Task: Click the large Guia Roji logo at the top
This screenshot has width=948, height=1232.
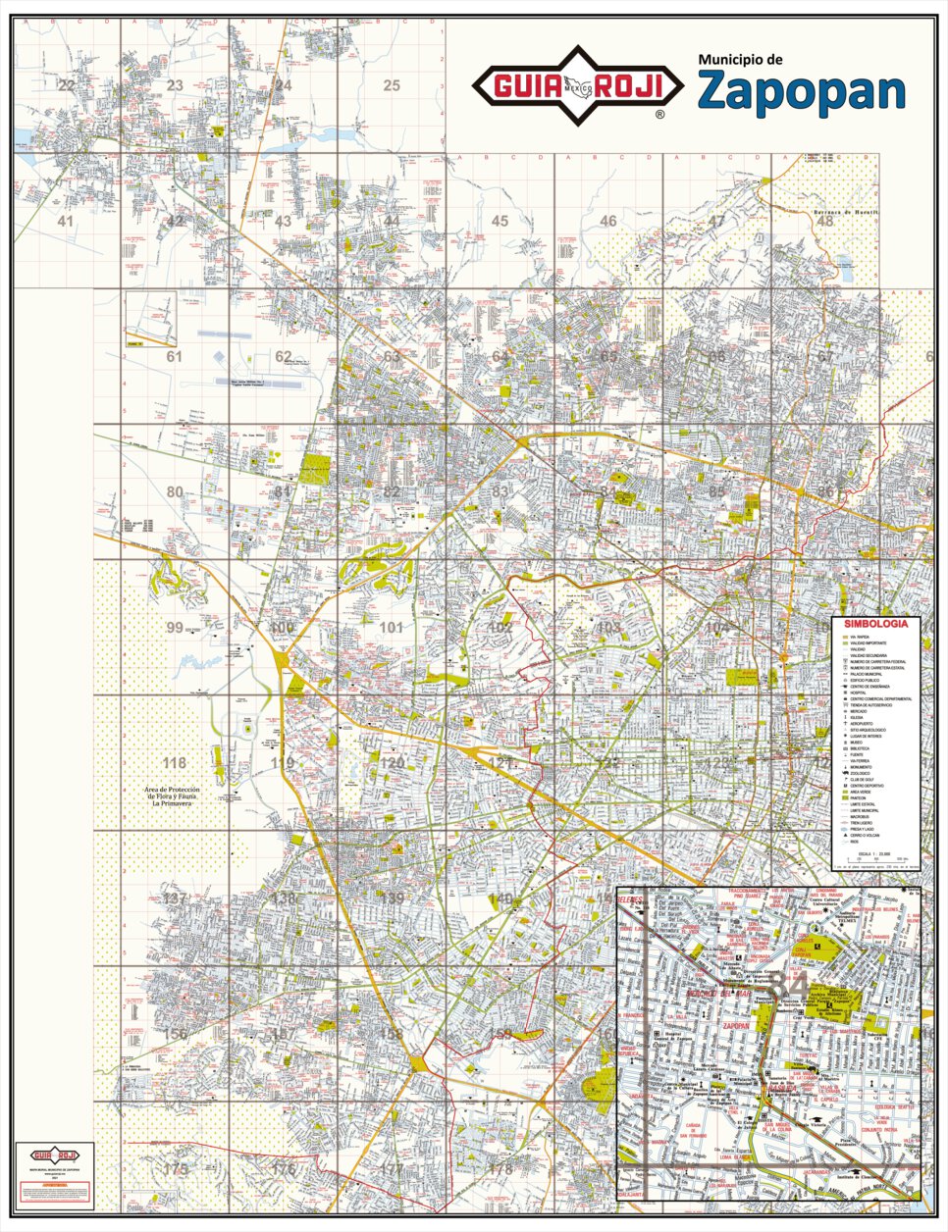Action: (578, 86)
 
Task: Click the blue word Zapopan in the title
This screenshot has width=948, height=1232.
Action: (801, 90)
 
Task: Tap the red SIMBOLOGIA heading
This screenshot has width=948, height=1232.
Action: (875, 623)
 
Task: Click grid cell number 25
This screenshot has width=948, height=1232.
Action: (392, 86)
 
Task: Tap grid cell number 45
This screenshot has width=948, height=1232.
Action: (500, 221)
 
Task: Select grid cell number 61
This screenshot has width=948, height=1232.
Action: (175, 356)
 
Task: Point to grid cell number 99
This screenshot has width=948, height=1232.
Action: (175, 628)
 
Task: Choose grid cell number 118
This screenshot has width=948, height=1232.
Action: (175, 763)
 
